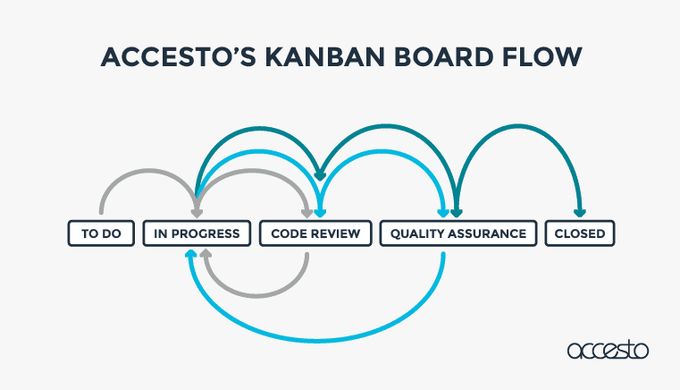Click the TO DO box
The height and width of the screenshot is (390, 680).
click(x=101, y=233)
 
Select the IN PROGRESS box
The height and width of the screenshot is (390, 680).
click(x=197, y=233)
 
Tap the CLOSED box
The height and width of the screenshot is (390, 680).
click(x=580, y=233)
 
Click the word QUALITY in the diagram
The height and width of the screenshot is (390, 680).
click(x=417, y=233)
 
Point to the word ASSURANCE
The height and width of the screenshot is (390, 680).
click(x=487, y=233)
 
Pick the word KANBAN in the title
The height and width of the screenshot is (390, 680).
click(x=325, y=57)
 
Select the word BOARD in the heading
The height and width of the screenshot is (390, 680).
click(x=443, y=57)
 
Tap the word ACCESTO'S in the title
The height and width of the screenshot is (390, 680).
click(x=178, y=57)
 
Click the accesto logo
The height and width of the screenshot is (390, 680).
click(x=608, y=350)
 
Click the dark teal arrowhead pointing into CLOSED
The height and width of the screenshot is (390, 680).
click(x=580, y=213)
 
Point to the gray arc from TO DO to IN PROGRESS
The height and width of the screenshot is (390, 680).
click(x=148, y=170)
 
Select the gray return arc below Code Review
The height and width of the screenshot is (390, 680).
click(x=256, y=296)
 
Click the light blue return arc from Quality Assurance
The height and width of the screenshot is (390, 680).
click(x=316, y=342)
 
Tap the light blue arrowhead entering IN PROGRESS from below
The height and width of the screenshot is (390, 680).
click(x=191, y=253)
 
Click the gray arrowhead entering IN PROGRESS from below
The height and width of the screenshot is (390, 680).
click(x=206, y=253)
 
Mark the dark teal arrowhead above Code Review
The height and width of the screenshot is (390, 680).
click(x=320, y=176)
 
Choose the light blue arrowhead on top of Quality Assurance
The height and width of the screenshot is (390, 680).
click(x=443, y=213)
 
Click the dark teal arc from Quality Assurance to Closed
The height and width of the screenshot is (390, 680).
click(x=518, y=126)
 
